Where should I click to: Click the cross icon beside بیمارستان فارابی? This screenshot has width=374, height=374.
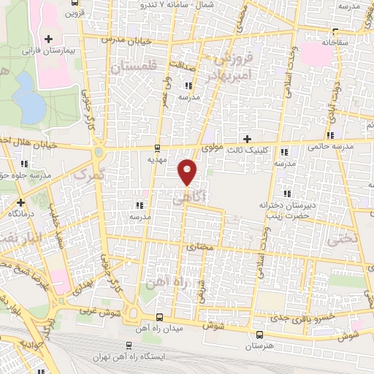click(49, 39)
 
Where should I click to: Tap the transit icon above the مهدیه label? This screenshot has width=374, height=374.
click(158, 147)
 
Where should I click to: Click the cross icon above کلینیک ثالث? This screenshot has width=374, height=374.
click(247, 139)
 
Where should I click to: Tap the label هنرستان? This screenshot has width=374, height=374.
click(259, 343)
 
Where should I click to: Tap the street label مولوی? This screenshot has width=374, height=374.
click(211, 148)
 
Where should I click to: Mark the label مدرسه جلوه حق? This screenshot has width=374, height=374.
click(26, 175)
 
